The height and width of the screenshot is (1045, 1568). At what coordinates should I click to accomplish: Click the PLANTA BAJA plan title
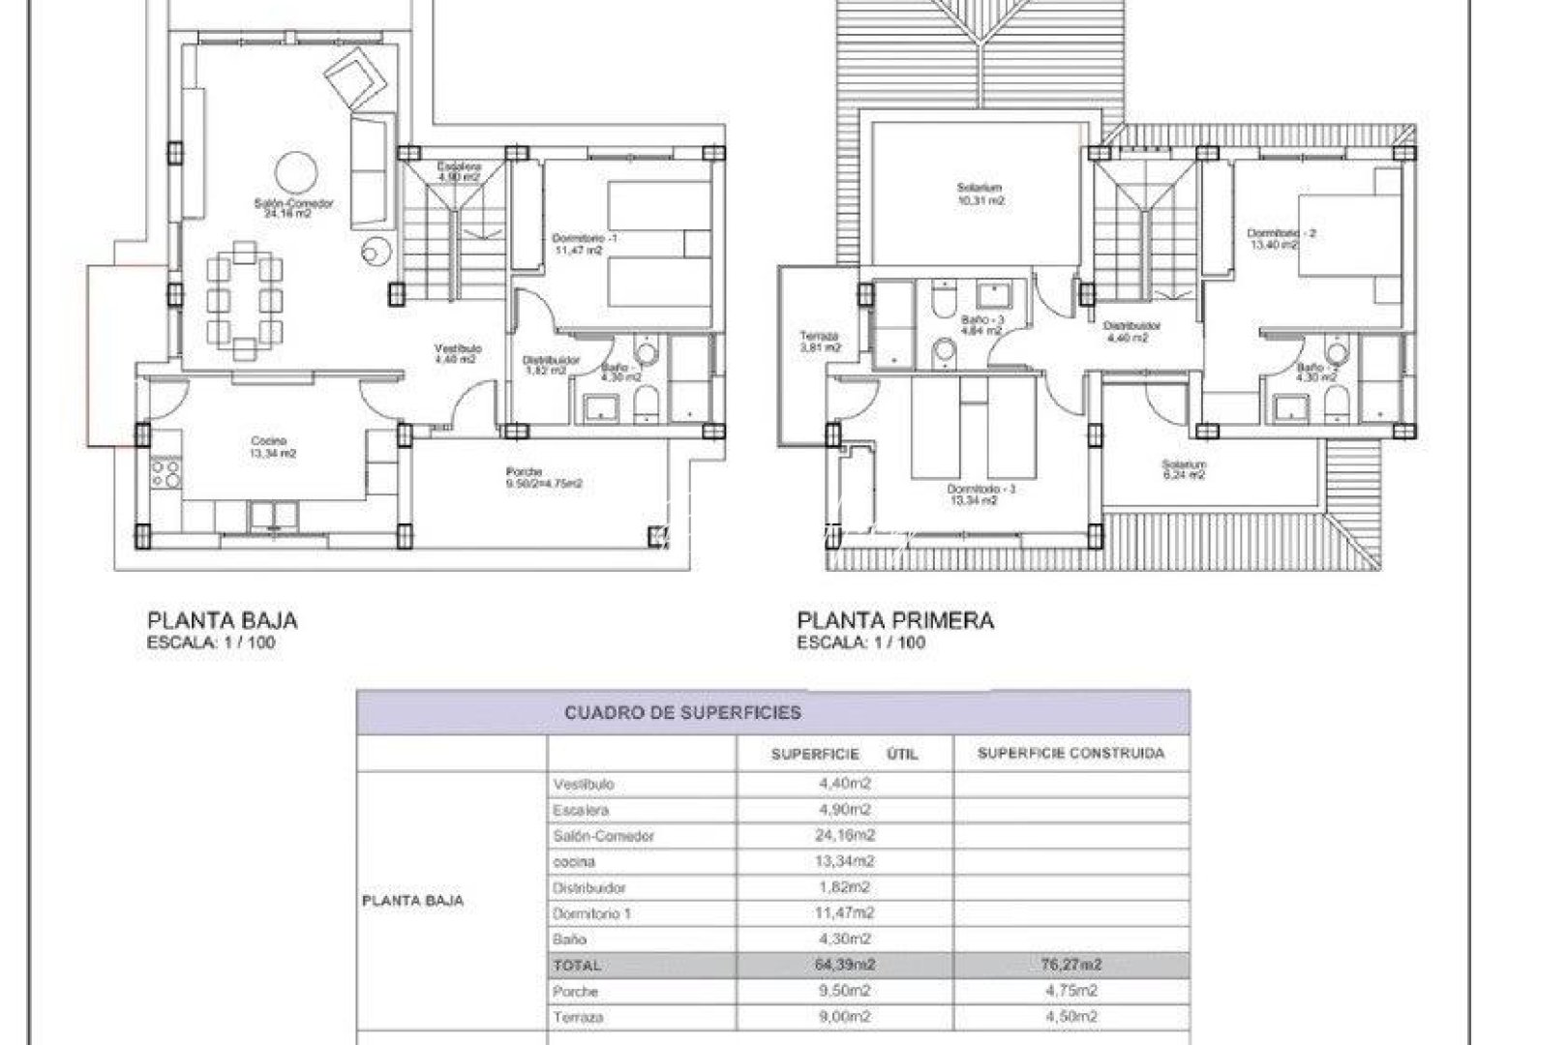222,619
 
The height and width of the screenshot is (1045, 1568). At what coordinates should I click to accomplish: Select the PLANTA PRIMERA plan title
894,619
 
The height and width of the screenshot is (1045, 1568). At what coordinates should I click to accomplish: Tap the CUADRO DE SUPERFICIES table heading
682,713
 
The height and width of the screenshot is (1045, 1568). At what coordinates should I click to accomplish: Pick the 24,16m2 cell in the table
846,835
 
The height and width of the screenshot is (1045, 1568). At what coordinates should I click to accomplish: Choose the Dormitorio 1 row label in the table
591,913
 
